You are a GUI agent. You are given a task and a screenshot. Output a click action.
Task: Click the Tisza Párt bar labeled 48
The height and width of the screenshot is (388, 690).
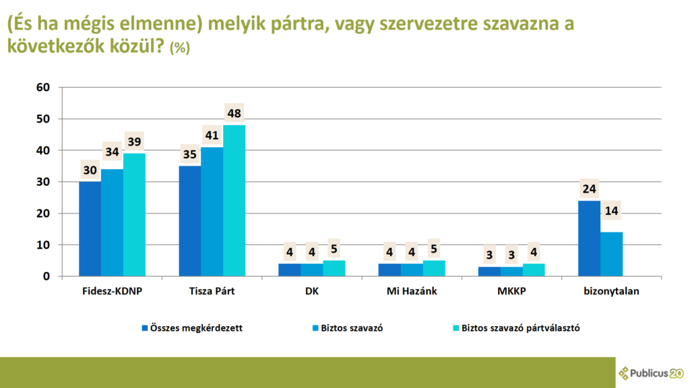coord(234,201)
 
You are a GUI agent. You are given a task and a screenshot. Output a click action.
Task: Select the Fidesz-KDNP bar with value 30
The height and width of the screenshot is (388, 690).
coord(90,229)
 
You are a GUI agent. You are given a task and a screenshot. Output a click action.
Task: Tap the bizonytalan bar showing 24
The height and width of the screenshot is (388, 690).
coord(589,238)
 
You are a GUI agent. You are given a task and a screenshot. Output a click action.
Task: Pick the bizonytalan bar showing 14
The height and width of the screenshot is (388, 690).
coord(612,254)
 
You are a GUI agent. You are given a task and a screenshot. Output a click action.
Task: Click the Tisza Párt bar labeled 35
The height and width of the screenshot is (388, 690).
coord(190,221)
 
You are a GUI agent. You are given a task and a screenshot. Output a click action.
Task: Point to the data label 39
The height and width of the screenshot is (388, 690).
coord(134,141)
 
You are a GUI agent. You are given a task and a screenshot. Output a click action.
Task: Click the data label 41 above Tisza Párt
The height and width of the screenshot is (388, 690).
coord(212,135)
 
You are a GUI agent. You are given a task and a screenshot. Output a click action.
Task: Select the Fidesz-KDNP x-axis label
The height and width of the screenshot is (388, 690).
coord(113,291)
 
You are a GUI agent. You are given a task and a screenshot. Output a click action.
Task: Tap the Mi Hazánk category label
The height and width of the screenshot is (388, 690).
coord(412,291)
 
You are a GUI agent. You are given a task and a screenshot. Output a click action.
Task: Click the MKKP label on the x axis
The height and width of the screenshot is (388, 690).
coord(512,291)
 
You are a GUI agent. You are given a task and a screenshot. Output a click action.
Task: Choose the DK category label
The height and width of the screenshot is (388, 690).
coord(311,291)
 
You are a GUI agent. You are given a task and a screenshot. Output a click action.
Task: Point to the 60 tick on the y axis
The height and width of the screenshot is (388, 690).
coord(43,87)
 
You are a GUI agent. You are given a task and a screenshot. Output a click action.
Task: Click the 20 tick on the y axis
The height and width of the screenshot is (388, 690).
coord(43,214)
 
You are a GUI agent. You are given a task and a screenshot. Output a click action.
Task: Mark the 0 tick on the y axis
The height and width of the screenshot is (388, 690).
coord(46,276)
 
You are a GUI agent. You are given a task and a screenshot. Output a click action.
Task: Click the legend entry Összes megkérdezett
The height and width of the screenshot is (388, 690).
coord(192,328)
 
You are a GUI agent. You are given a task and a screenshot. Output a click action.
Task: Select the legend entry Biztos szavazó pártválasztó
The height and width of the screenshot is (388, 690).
coord(517,328)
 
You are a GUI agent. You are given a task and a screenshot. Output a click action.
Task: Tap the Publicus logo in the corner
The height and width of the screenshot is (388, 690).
coord(652,373)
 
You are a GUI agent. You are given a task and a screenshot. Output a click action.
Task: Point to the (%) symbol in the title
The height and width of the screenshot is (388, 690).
coord(179,48)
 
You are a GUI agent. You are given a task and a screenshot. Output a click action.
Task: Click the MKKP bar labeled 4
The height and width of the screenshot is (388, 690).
coord(534,270)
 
